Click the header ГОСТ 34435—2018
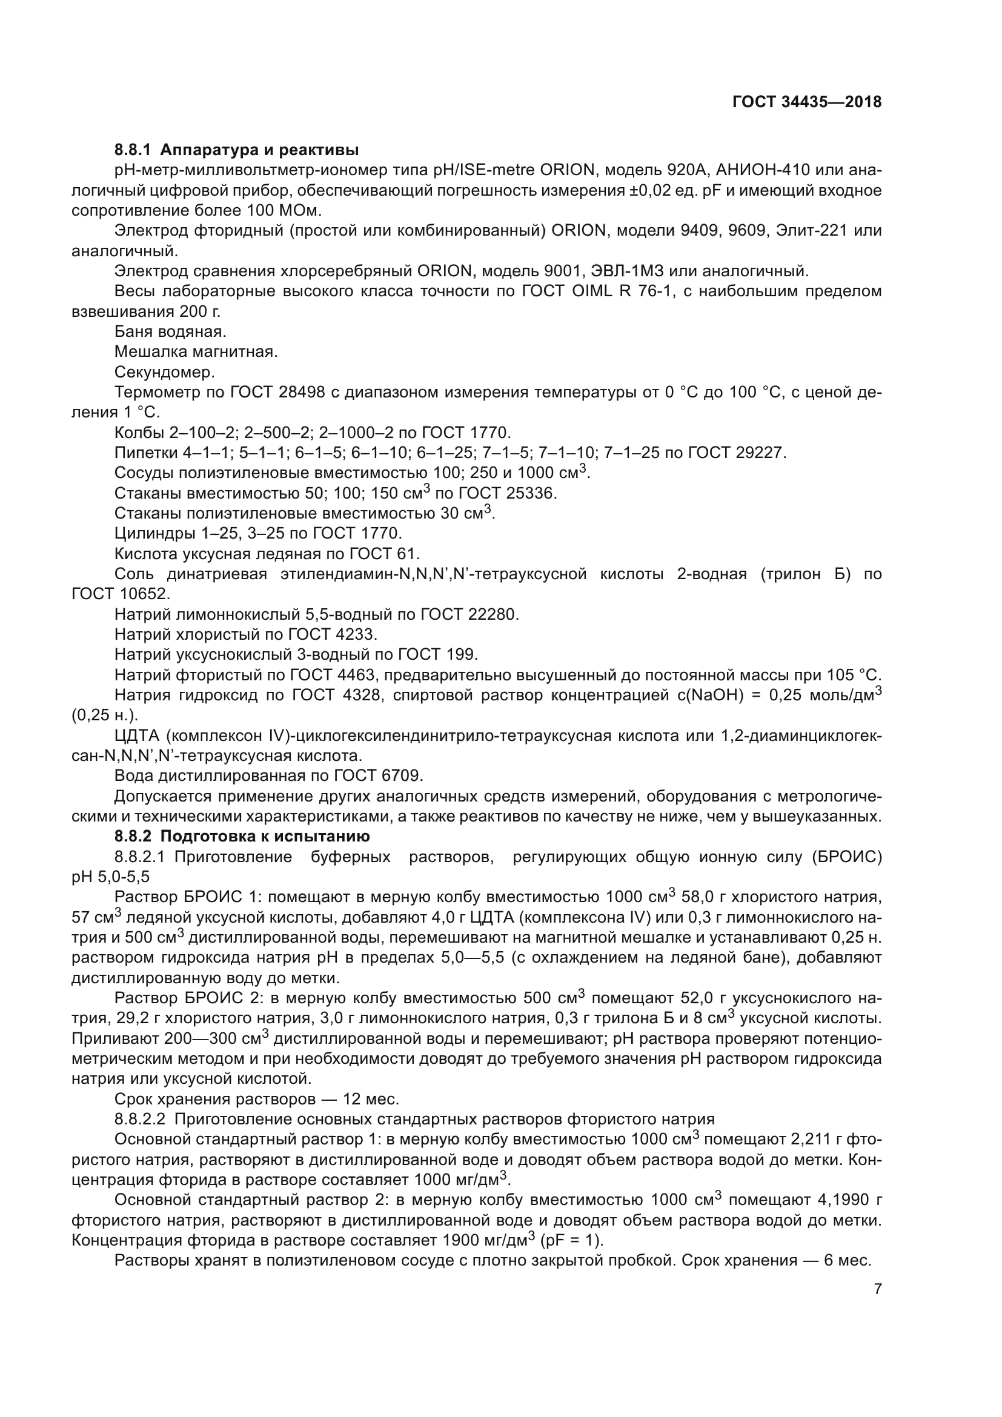tap(806, 102)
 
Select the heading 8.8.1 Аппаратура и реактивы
tap(236, 150)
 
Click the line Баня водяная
tap(170, 331)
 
